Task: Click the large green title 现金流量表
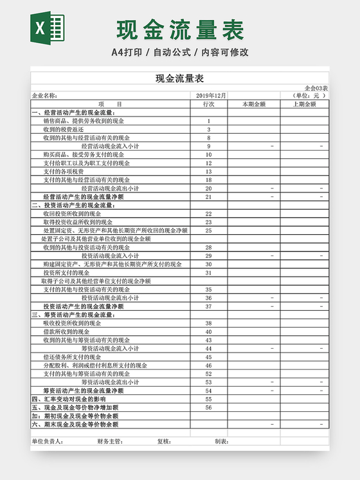coord(181,29)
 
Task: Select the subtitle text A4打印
coord(127,52)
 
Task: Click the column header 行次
coord(208,104)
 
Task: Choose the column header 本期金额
coord(253,104)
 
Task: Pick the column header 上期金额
coord(304,104)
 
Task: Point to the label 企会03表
coord(316,88)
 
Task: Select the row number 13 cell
coord(208,171)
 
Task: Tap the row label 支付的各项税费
coord(64,171)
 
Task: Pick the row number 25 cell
coord(208,230)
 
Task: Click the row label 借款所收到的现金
coord(66,331)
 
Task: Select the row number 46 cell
coord(208,365)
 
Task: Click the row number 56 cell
coord(208,407)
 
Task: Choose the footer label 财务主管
coord(110,441)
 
